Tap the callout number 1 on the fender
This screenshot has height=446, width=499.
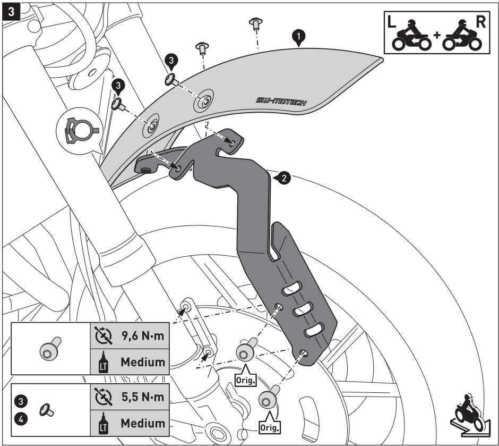pyautogui.click(x=299, y=36)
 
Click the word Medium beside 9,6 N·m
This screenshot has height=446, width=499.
pyautogui.click(x=142, y=363)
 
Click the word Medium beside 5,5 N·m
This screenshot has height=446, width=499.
pyautogui.click(x=142, y=423)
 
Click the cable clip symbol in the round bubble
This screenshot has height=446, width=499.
pyautogui.click(x=80, y=128)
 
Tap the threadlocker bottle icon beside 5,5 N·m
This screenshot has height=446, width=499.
pyautogui.click(x=102, y=424)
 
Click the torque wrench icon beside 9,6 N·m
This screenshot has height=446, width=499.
pyautogui.click(x=102, y=336)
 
